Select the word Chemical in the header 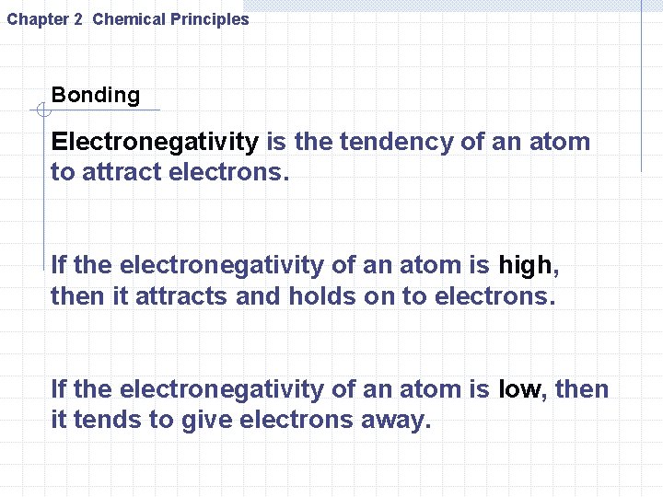point(129,19)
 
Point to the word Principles point(210,19)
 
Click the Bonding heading point(96,96)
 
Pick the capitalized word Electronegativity point(155,143)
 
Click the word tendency point(402,143)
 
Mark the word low point(518,390)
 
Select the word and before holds point(259,296)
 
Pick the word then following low point(583,390)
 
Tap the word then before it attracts point(80,296)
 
